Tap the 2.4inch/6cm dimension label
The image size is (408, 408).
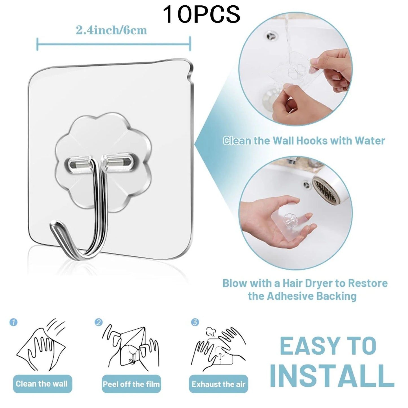coord(112,30)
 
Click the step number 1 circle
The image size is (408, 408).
coord(13,322)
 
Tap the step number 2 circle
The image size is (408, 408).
coord(99,322)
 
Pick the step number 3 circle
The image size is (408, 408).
coord(195,322)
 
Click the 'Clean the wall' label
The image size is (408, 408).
coord(42,384)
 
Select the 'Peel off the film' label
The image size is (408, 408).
coord(131,384)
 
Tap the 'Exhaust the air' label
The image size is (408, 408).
coord(219,384)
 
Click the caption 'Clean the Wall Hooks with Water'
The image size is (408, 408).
coord(304,141)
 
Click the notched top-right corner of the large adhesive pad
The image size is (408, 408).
coord(189,68)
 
